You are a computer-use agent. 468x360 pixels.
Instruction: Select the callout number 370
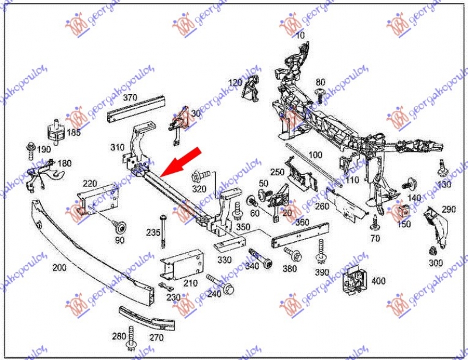click(129, 98)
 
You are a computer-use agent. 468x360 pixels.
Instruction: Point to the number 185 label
click(73, 133)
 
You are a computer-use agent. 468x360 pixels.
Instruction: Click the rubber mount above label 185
click(55, 132)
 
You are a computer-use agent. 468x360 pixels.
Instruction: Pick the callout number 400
click(378, 281)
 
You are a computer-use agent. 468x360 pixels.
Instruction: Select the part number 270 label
click(156, 337)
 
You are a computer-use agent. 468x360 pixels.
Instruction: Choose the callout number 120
click(235, 82)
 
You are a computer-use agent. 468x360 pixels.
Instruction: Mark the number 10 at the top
click(300, 36)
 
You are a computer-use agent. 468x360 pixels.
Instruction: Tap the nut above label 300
click(433, 250)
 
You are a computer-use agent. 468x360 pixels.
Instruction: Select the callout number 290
click(448, 209)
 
